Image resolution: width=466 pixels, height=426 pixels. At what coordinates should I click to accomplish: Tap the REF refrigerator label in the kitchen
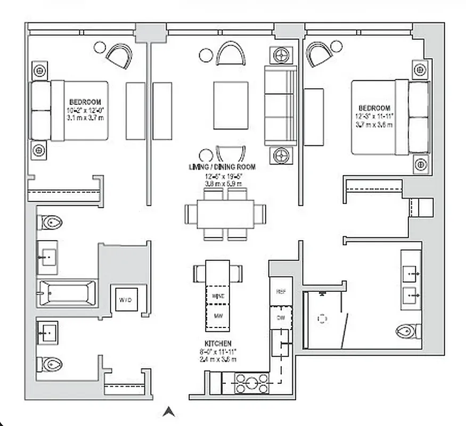coord(281,292)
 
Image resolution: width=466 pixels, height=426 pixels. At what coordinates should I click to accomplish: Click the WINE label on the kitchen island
coord(217,295)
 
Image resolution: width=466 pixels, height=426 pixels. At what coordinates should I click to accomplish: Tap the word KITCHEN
coord(217,344)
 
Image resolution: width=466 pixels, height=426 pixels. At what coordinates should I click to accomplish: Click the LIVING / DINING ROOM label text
coord(222,167)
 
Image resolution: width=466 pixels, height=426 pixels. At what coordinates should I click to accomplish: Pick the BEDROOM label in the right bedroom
coord(374,108)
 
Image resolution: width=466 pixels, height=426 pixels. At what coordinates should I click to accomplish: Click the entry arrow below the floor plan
coord(169,411)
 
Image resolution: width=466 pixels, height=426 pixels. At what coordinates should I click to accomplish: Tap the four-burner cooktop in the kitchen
coord(249,383)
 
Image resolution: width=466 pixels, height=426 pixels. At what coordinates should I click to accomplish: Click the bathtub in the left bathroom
coord(67,293)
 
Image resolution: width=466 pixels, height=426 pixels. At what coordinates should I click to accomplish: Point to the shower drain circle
coord(322,318)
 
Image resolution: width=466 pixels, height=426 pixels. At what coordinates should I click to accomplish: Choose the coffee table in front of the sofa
coord(231,105)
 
